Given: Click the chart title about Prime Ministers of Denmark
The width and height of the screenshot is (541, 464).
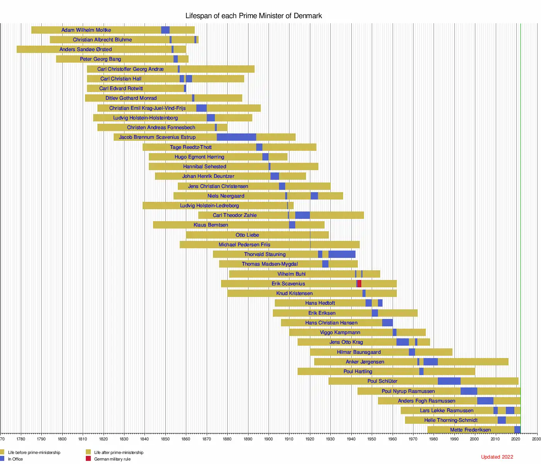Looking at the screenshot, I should [253, 16].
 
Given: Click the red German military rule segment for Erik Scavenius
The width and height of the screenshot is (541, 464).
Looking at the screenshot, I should [359, 283].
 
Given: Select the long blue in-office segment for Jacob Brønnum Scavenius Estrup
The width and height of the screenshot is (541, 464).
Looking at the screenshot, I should [236, 137].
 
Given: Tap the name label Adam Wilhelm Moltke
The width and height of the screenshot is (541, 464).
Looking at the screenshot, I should [86, 30].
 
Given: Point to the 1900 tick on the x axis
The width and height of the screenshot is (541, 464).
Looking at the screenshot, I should [269, 439].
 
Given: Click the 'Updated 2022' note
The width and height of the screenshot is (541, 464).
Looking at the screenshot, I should [497, 457].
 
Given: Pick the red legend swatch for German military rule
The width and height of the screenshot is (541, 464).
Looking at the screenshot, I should [88, 459].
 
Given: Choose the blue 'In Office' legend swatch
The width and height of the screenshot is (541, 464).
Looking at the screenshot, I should [2, 459].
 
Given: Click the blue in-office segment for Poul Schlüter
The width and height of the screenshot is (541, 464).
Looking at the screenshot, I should [449, 381].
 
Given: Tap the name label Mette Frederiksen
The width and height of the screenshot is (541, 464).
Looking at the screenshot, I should [470, 430].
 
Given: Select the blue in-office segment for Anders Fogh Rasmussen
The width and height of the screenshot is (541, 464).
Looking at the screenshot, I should [485, 401].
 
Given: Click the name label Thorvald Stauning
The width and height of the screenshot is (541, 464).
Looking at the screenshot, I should [265, 254].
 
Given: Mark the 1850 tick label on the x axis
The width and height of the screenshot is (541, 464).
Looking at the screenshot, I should [165, 439].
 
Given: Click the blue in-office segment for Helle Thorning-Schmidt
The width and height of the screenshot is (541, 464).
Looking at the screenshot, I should [502, 420].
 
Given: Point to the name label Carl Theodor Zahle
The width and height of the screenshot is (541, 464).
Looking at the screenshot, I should [235, 215].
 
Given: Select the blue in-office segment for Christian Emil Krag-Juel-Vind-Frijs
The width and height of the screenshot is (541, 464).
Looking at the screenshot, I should [201, 108].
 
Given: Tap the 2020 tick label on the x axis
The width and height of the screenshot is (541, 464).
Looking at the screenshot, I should [516, 439].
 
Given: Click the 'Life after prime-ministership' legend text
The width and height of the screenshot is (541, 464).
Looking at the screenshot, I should [119, 452].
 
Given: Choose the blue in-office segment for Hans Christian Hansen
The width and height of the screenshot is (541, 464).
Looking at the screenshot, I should [387, 322].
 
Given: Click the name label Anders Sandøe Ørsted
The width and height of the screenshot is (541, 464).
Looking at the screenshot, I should [85, 49].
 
